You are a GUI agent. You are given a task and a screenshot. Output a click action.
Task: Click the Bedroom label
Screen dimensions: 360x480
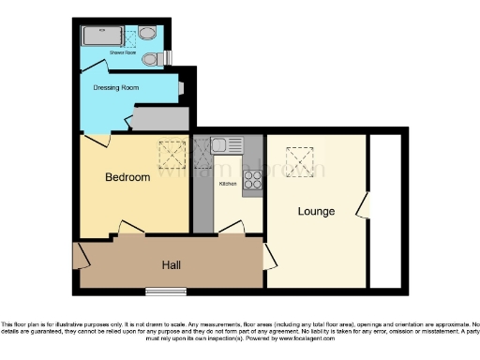coord(127,177)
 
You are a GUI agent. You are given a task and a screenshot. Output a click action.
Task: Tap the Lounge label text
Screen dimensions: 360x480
coord(316,211)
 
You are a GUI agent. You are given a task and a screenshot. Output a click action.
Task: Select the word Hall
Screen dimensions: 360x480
coord(172,265)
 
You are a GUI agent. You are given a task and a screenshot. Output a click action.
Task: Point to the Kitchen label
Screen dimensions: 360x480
coord(228,184)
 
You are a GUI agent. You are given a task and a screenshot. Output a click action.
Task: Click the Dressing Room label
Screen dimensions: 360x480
coord(117,88)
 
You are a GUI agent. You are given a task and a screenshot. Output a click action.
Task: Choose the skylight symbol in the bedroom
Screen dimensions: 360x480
coord(171,152)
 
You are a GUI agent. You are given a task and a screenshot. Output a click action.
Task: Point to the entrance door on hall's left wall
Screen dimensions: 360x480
coord(79,254)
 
